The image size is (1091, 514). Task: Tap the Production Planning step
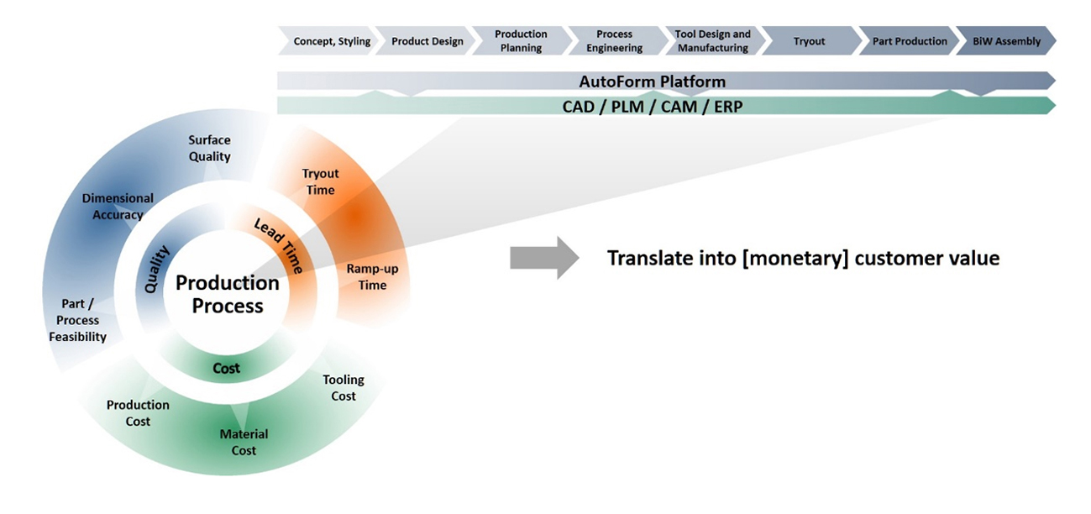(x=522, y=41)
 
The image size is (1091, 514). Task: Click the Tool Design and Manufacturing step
(x=713, y=41)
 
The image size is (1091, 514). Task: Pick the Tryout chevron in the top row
(x=810, y=41)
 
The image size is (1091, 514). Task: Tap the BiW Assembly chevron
(x=1006, y=41)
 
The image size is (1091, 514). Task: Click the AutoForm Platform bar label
(x=653, y=81)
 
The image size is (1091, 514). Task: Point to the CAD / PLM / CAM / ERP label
(x=653, y=106)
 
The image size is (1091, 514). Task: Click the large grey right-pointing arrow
(x=544, y=258)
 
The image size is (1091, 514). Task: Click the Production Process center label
(x=228, y=294)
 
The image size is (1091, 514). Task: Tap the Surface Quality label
(x=209, y=148)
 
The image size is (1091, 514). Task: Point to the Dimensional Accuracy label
(x=118, y=206)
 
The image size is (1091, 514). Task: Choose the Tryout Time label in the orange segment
(x=320, y=181)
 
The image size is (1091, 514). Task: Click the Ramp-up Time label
(x=372, y=276)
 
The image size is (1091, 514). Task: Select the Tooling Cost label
(x=344, y=388)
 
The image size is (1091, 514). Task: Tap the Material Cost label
(x=244, y=442)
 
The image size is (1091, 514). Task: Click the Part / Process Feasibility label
(x=77, y=320)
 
